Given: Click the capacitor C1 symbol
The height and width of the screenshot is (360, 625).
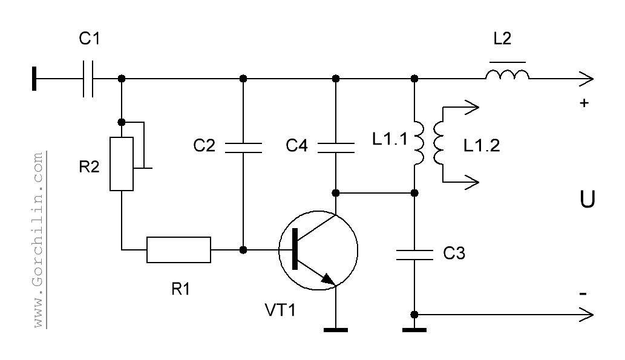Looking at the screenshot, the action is [x=88, y=79].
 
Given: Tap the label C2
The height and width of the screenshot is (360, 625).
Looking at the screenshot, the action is [x=204, y=146].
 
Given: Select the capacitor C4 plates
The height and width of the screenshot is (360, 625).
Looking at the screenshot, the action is [x=336, y=148].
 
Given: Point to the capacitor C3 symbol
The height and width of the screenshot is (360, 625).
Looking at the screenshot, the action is [x=414, y=255].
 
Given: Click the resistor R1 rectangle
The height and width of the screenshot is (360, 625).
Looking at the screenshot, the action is [x=178, y=250].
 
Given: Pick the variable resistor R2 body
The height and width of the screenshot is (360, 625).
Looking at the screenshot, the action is [x=122, y=164].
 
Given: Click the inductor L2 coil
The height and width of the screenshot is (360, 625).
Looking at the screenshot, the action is [x=508, y=74].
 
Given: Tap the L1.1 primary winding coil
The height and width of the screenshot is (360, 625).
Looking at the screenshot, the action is [x=419, y=143].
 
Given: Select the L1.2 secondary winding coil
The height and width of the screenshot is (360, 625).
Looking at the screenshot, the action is [x=438, y=143].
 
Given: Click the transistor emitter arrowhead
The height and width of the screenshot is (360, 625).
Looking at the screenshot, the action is [x=329, y=279].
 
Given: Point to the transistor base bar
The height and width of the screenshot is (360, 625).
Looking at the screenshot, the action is [x=295, y=249].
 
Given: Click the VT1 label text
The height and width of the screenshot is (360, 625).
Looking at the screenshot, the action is [x=280, y=310].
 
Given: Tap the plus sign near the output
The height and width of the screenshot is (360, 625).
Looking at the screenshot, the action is [x=584, y=103].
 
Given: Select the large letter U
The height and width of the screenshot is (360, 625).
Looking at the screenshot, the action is [x=587, y=199].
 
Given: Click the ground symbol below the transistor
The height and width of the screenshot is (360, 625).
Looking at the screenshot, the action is [x=336, y=330].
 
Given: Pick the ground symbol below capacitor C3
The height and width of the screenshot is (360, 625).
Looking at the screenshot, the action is [x=414, y=330].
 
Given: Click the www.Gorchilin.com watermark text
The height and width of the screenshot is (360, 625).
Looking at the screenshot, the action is [x=39, y=240].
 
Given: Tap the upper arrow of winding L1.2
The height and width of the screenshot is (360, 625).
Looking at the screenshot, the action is [x=461, y=107].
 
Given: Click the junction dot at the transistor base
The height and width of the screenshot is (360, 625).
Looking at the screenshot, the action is [x=243, y=250].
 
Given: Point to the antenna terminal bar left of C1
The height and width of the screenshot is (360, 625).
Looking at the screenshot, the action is [x=34, y=79].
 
